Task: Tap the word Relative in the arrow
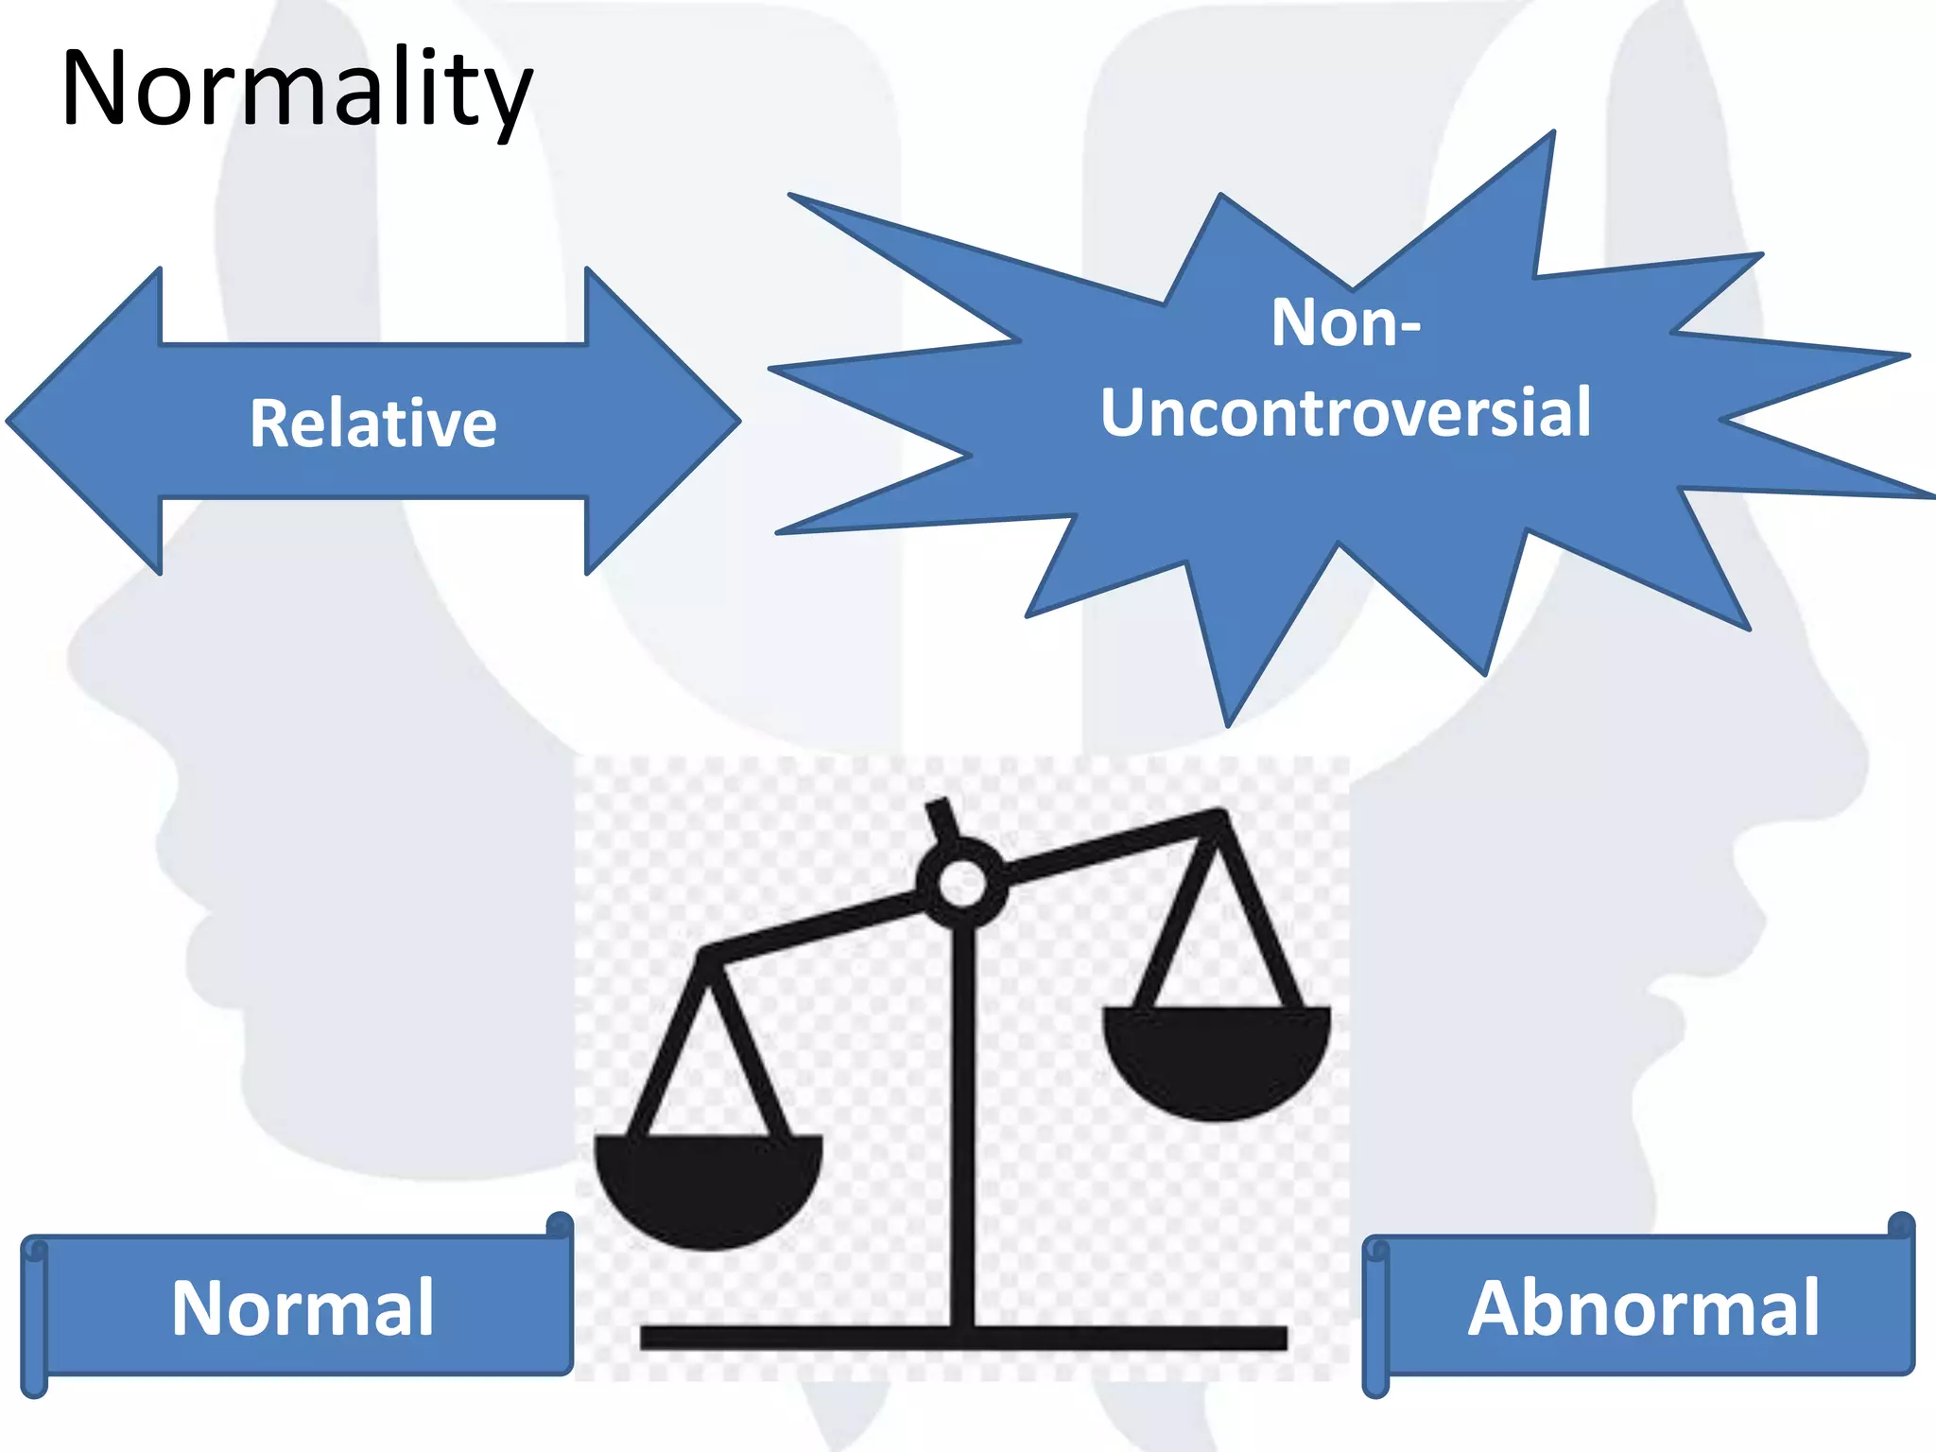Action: [x=372, y=423]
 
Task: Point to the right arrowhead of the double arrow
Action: [x=662, y=421]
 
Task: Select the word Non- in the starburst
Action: [x=1345, y=323]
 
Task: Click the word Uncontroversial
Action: [x=1345, y=413]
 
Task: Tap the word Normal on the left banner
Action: [x=302, y=1308]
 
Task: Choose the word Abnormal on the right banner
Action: [x=1643, y=1308]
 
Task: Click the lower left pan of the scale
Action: [x=707, y=1186]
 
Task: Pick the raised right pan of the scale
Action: [x=1217, y=1059]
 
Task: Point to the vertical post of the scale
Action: [x=962, y=1115]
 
